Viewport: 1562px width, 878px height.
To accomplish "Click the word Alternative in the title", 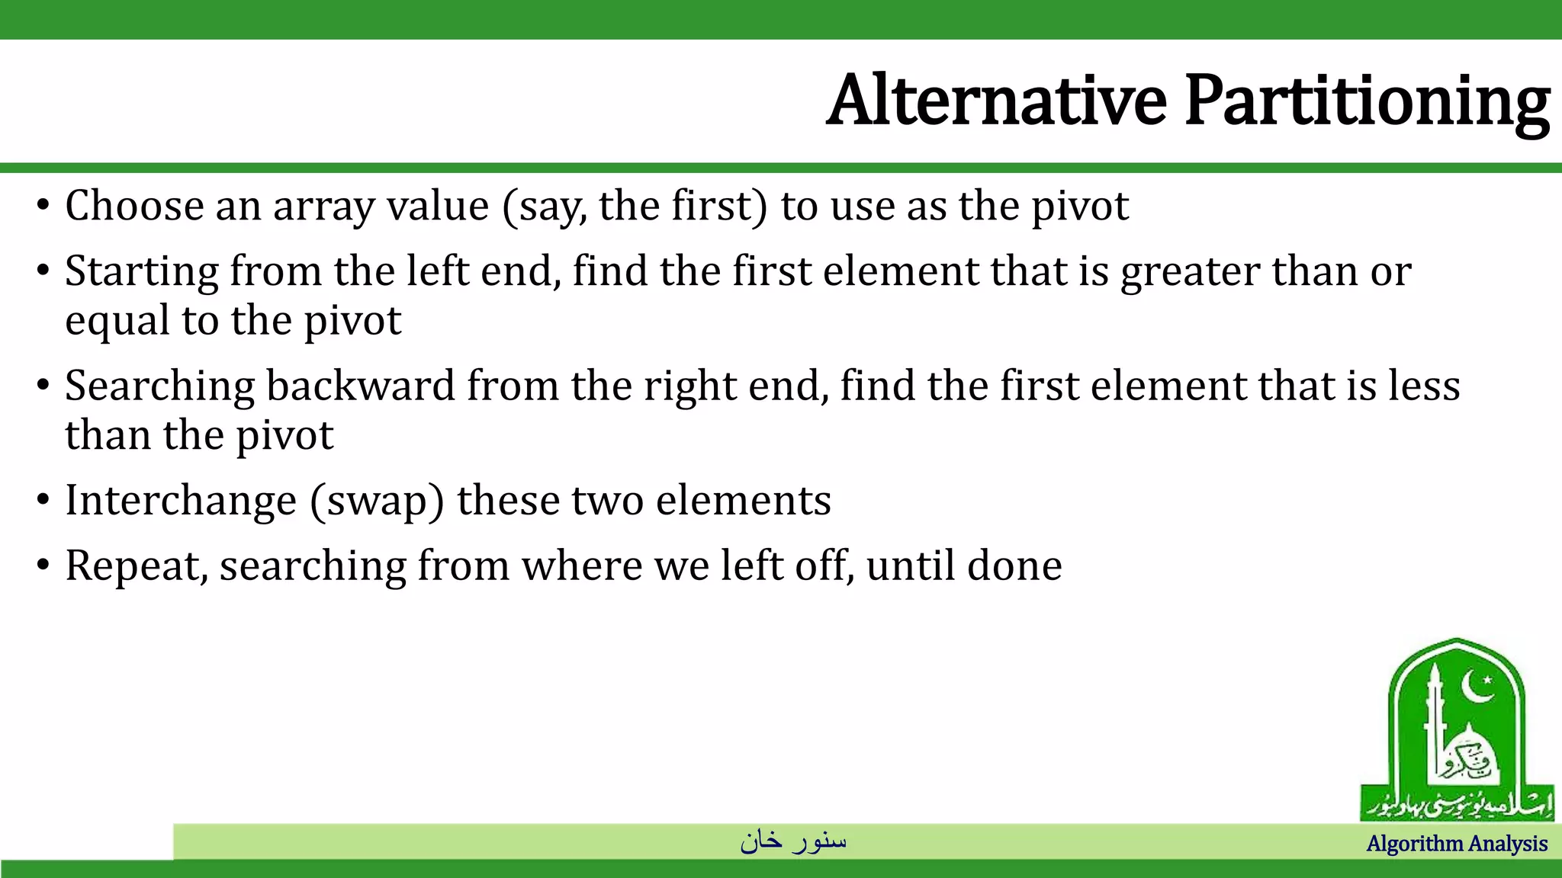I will click(x=996, y=101).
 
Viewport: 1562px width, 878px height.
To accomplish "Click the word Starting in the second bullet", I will click(x=142, y=273).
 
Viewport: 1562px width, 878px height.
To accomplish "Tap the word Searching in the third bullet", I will click(x=159, y=387).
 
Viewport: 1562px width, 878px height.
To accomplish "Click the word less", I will click(x=1423, y=386).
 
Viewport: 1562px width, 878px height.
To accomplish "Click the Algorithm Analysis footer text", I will click(x=1456, y=844).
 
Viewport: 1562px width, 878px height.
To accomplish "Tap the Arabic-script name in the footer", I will click(x=793, y=841).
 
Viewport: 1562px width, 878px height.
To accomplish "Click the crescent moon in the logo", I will click(x=1477, y=687).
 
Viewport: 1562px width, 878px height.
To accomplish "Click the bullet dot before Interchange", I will click(x=43, y=501).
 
